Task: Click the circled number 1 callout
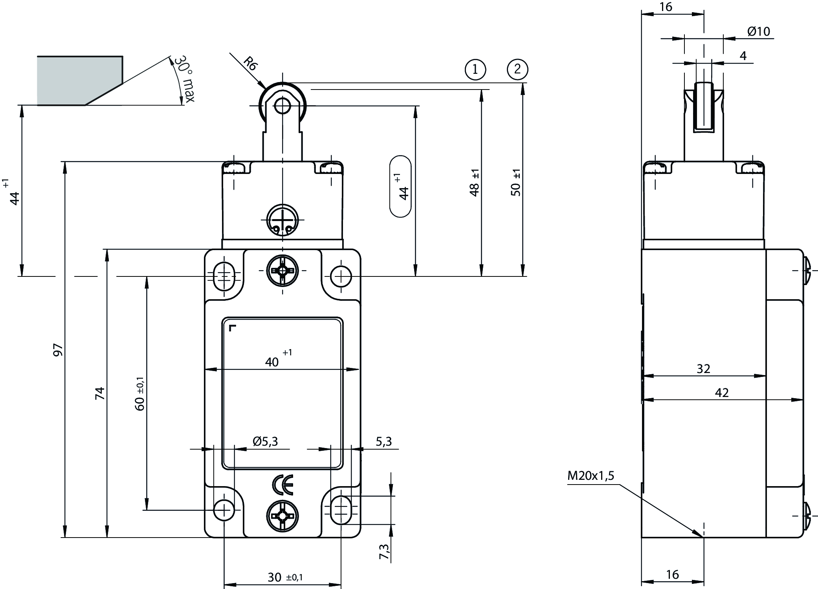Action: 475,70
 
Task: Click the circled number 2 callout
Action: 517,70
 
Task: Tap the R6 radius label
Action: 250,63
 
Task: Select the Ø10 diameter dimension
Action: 758,31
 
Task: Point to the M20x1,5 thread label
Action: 591,476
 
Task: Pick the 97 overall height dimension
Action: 58,349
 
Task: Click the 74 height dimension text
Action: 101,393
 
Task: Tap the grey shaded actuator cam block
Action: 79,80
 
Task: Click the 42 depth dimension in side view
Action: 722,392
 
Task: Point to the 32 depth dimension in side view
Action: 703,369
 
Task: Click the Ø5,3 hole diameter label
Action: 265,442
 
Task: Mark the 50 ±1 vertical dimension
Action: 516,183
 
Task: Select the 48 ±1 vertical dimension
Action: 475,183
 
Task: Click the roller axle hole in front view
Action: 282,106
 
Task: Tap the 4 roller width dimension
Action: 743,56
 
